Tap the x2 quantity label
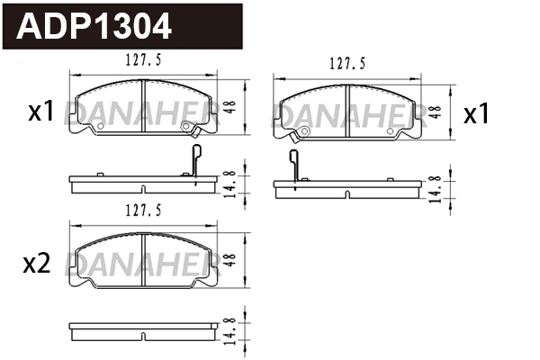click(35, 263)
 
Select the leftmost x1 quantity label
click(42, 112)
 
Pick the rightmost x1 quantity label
click(475, 114)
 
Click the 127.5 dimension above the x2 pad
click(145, 212)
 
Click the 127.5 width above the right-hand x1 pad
click(347, 64)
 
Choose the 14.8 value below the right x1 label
click(435, 188)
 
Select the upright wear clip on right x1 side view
click(293, 167)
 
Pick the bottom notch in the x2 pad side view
click(145, 338)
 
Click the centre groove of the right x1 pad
click(347, 112)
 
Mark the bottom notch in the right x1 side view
click(347, 193)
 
